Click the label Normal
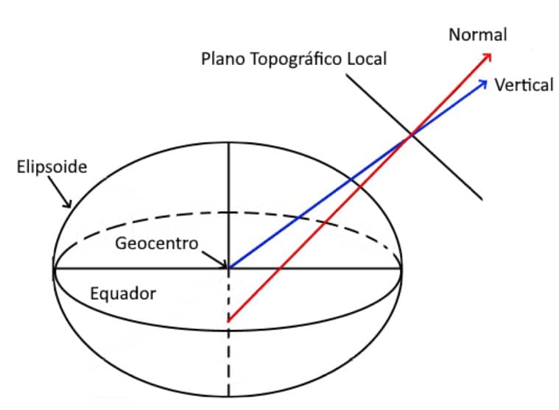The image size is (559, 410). click(478, 35)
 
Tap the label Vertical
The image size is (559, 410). click(524, 85)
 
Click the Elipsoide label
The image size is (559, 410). click(52, 167)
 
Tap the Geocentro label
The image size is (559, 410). click(157, 243)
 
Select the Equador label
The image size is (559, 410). click(123, 294)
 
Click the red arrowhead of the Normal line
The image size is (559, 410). click(488, 55)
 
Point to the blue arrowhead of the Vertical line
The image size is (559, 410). click(482, 82)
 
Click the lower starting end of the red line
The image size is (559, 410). click(230, 321)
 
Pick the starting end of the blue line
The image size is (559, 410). click(230, 268)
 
